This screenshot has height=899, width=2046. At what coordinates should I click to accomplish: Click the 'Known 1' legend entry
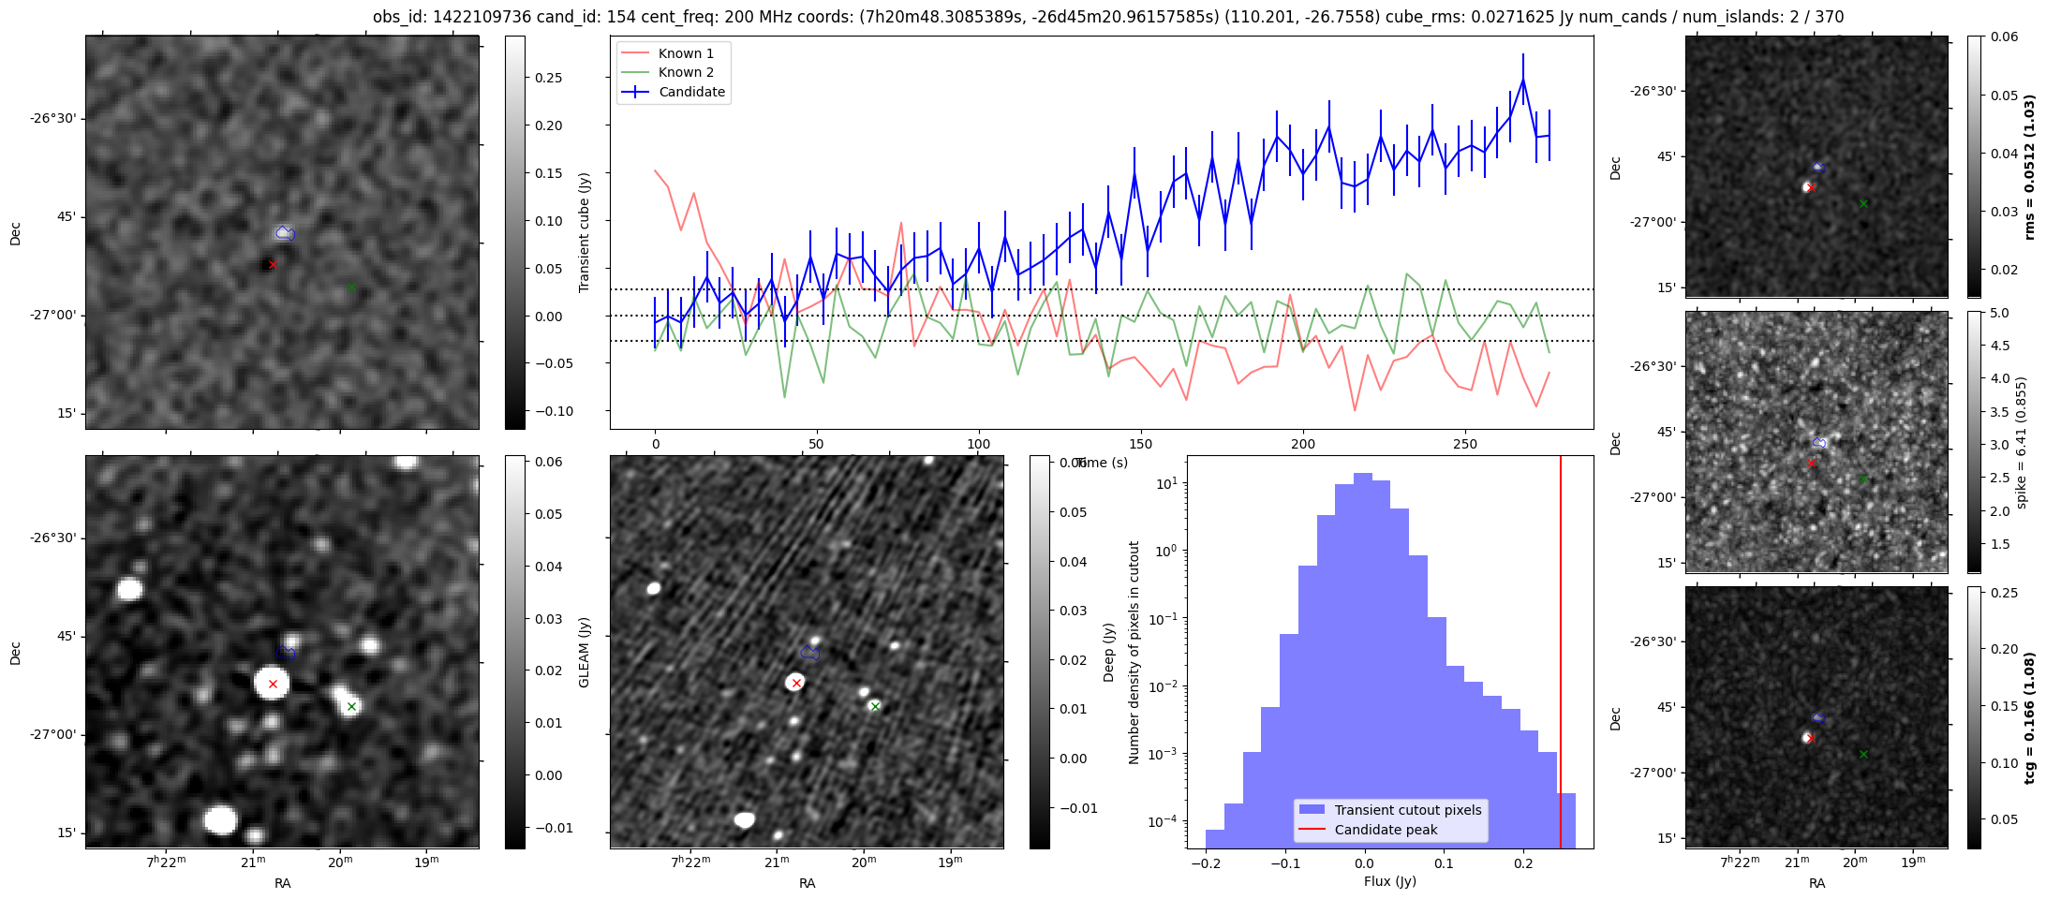[x=686, y=53]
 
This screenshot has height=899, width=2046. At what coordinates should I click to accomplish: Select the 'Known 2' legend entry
[x=686, y=72]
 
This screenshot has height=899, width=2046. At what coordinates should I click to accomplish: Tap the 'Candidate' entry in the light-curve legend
[x=691, y=92]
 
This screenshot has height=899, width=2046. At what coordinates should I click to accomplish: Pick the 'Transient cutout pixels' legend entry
[x=1408, y=810]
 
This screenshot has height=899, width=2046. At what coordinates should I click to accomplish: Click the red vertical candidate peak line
[x=1561, y=656]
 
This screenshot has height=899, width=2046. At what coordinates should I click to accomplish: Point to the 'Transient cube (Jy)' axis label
[x=585, y=232]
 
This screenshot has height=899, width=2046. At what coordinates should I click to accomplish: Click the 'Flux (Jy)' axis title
[x=1390, y=881]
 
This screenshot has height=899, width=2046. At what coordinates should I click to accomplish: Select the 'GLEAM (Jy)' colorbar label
[x=585, y=652]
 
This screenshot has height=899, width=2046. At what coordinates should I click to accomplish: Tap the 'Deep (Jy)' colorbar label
[x=1109, y=652]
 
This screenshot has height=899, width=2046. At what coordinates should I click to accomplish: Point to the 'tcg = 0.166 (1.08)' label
[x=2029, y=717]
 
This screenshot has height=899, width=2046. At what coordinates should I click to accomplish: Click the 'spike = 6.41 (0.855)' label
[x=2022, y=442]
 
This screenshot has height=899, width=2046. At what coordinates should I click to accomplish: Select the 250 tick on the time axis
[x=1464, y=444]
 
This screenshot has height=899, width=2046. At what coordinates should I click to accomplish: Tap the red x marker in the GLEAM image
[x=273, y=684]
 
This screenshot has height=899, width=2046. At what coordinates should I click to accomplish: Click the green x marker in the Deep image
[x=875, y=706]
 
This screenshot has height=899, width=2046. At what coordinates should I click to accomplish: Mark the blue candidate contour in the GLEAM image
[x=286, y=653]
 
